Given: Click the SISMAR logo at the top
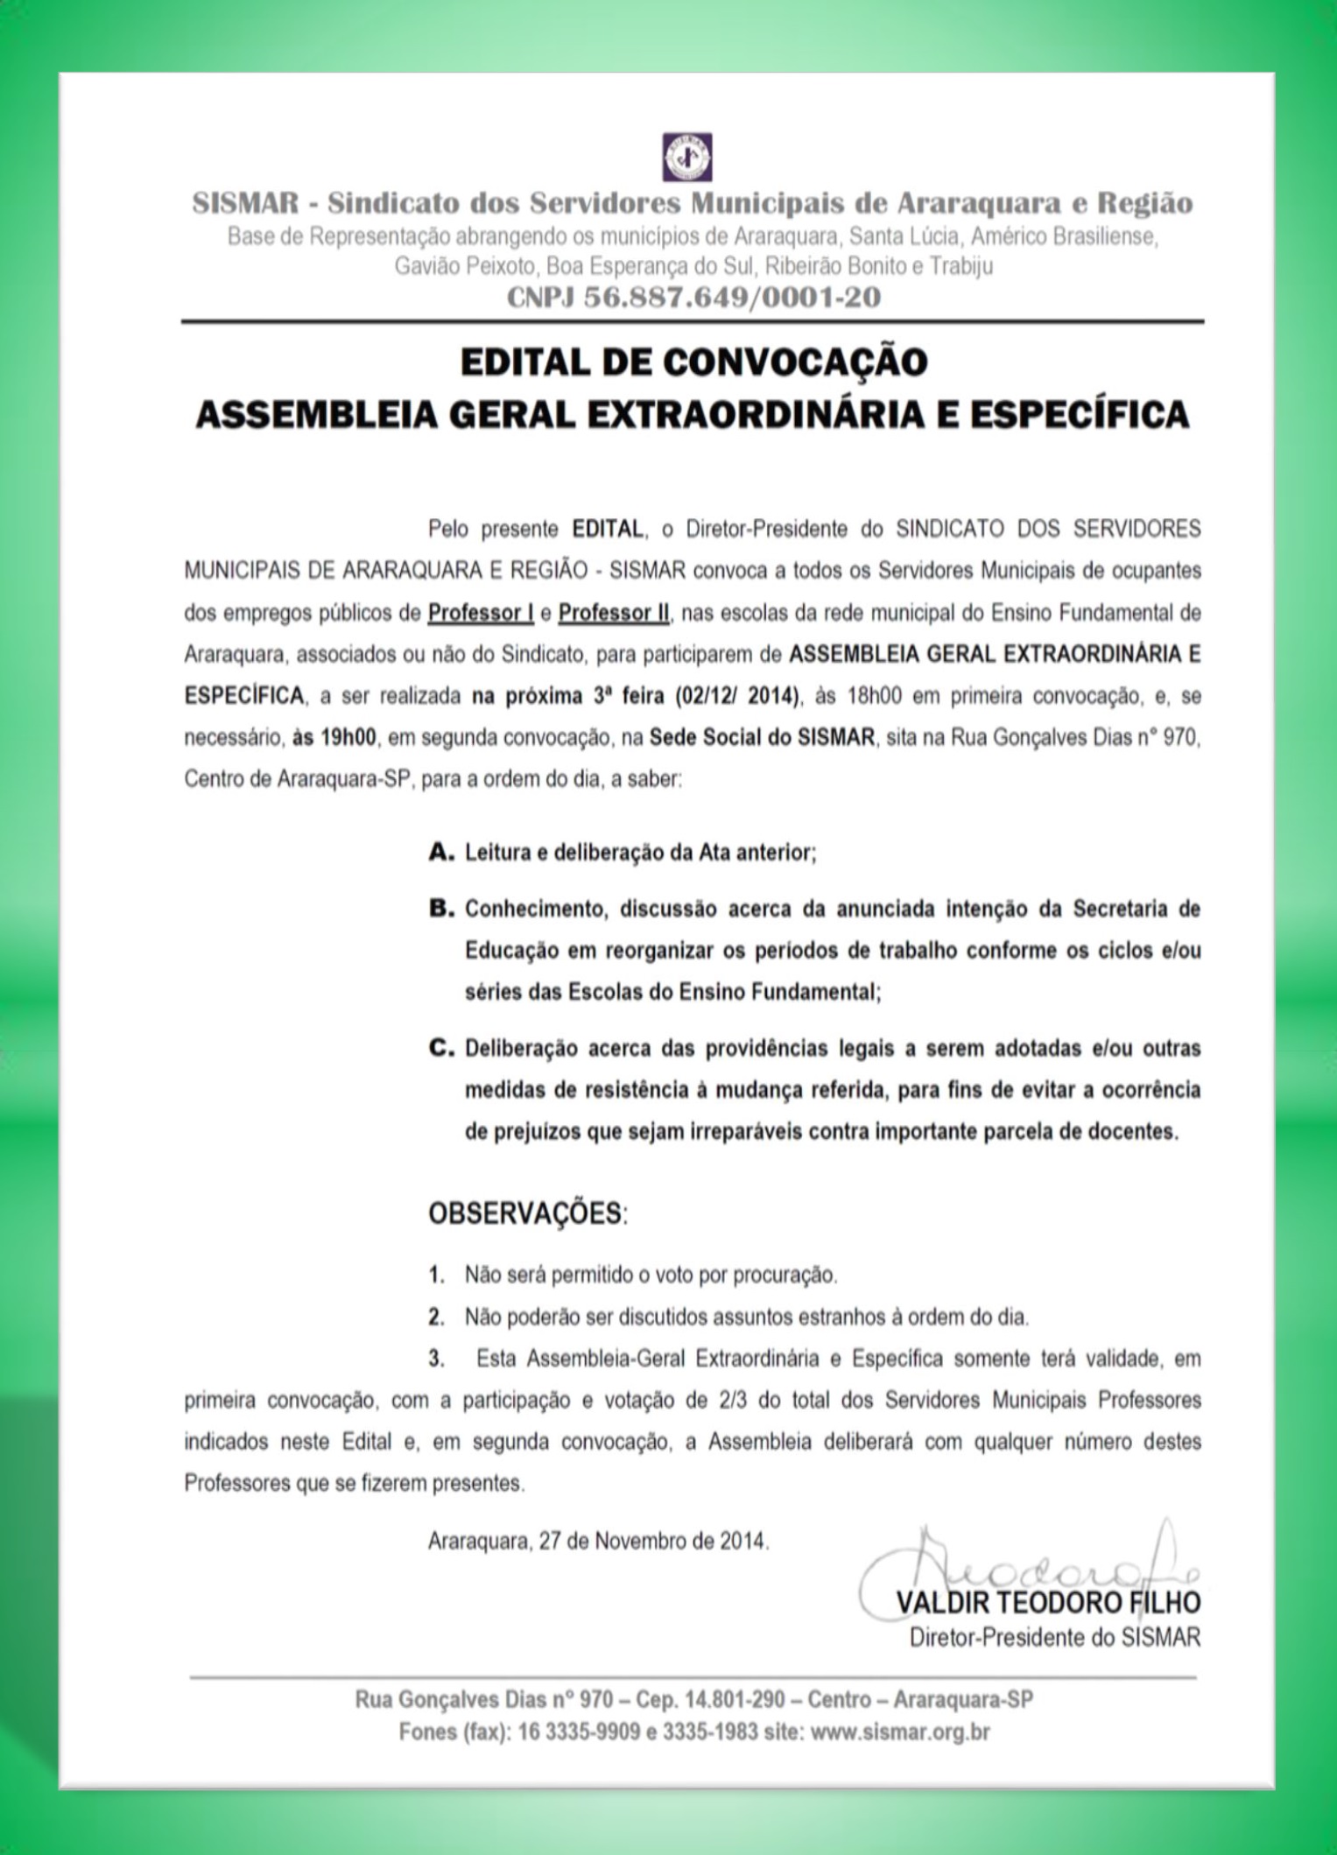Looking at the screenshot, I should [x=686, y=157].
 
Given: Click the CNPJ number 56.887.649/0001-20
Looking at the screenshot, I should [x=732, y=298].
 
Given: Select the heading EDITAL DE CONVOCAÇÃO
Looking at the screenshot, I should [x=693, y=362].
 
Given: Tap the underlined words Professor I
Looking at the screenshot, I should [x=481, y=613].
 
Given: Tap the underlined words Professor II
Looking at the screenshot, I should [x=614, y=613].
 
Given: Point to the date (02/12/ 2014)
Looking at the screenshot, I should [x=737, y=697].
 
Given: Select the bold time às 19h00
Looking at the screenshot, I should [x=334, y=738].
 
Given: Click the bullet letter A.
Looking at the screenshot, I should [x=440, y=852].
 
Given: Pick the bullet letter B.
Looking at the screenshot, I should [x=440, y=909].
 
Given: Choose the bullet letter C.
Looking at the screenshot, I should [x=440, y=1048].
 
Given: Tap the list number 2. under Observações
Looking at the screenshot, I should [x=436, y=1317].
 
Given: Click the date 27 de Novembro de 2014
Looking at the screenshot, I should [x=653, y=1541].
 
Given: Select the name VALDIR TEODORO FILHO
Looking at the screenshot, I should [x=1048, y=1603].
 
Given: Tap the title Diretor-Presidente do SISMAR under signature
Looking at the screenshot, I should [x=1055, y=1637].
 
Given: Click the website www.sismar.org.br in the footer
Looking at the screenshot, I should [x=900, y=1732].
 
